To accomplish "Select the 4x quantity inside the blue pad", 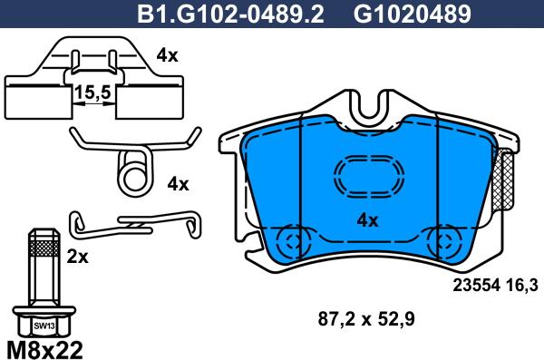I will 367,219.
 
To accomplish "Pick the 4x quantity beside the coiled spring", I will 178,184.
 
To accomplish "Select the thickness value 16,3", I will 520,285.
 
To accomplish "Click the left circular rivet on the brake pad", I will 292,240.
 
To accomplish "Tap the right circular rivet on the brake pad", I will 445,240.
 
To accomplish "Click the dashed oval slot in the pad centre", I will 367,174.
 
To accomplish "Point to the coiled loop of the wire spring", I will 133,170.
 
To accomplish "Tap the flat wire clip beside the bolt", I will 136,221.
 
